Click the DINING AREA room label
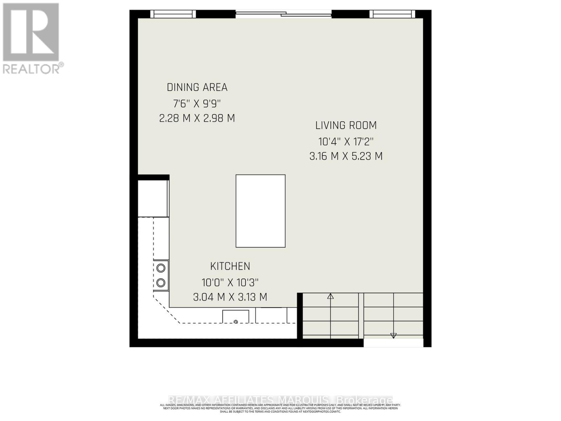click(x=197, y=87)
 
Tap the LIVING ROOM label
click(x=346, y=125)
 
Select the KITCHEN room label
click(x=230, y=266)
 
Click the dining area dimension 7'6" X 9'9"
click(x=197, y=104)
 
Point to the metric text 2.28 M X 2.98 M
click(x=197, y=118)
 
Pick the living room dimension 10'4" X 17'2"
click(x=346, y=142)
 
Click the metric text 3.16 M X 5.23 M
click(x=346, y=156)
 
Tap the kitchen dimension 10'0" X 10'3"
click(x=230, y=282)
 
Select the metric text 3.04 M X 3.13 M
click(x=230, y=297)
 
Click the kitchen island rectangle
click(x=260, y=211)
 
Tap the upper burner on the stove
click(x=161, y=268)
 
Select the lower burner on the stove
click(x=161, y=282)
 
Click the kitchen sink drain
click(x=236, y=322)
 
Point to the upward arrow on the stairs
click(x=330, y=297)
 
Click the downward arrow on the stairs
click(x=393, y=335)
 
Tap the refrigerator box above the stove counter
click(x=153, y=198)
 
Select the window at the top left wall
click(x=173, y=14)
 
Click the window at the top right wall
click(x=392, y=14)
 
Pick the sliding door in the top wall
click(x=283, y=14)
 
